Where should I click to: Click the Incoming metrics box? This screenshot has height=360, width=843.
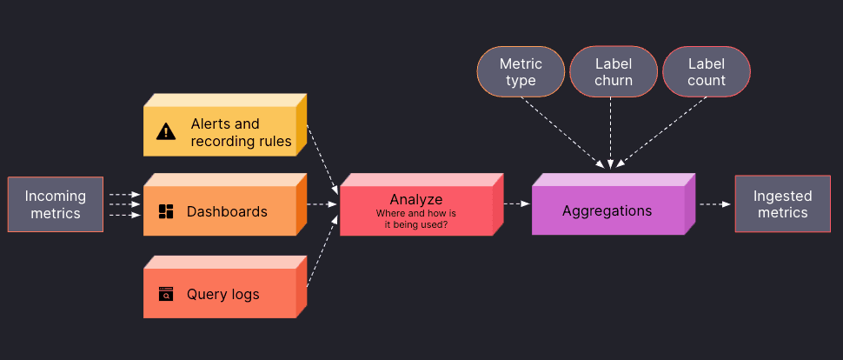point(56,204)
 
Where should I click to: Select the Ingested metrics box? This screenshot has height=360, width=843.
point(782,204)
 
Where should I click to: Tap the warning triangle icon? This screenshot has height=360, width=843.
point(166,132)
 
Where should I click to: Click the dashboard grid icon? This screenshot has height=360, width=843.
point(166,211)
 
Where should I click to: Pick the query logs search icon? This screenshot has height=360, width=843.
point(166,294)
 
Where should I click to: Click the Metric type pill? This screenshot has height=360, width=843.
point(521,72)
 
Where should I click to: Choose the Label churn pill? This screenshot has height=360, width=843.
point(614,72)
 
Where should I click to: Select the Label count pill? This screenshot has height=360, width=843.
point(707,72)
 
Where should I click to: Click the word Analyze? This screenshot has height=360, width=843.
point(415,199)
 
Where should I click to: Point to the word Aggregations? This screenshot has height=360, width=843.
point(607,211)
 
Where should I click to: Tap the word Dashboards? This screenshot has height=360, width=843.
point(227,211)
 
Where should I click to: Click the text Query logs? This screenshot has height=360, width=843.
point(223,294)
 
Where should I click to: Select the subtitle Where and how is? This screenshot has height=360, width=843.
point(415,213)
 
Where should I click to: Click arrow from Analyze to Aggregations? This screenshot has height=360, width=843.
point(516,204)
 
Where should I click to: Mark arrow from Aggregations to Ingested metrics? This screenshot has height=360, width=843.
point(714,204)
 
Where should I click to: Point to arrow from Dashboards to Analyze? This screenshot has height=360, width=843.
point(322,204)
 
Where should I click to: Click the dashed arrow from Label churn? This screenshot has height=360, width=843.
point(611,130)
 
